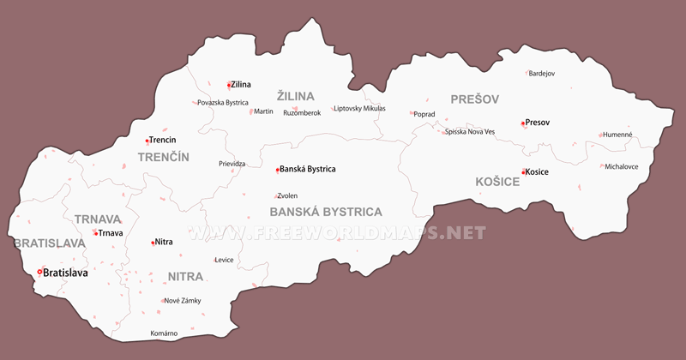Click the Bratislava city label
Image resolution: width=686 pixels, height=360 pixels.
tap(66, 273)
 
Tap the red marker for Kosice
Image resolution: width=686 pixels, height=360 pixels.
tap(523, 172)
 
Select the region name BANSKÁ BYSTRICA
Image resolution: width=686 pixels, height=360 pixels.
tap(326, 212)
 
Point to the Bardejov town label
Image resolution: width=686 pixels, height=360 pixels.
tap(542, 74)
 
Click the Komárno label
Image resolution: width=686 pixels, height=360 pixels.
tap(164, 333)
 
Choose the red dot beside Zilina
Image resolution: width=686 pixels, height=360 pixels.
tap(229, 85)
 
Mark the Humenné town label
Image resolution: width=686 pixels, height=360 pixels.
tap(617, 135)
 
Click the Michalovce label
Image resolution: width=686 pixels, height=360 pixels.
tap(622, 166)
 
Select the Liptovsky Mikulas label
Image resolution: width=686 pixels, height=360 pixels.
tap(359, 109)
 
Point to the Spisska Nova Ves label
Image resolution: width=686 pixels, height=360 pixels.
tap(470, 132)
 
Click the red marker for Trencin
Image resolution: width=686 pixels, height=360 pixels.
tap(147, 141)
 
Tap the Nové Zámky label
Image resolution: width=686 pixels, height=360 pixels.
tap(182, 301)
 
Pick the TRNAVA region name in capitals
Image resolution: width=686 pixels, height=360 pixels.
tap(98, 219)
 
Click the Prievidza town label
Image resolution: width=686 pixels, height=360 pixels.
tap(232, 163)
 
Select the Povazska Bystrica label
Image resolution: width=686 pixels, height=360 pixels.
tap(222, 103)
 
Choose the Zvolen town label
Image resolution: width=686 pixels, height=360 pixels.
tap(287, 195)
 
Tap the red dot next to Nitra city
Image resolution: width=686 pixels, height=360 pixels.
tap(153, 243)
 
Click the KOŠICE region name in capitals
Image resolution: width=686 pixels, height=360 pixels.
tap(497, 182)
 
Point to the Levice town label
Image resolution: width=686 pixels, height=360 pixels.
tap(224, 260)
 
